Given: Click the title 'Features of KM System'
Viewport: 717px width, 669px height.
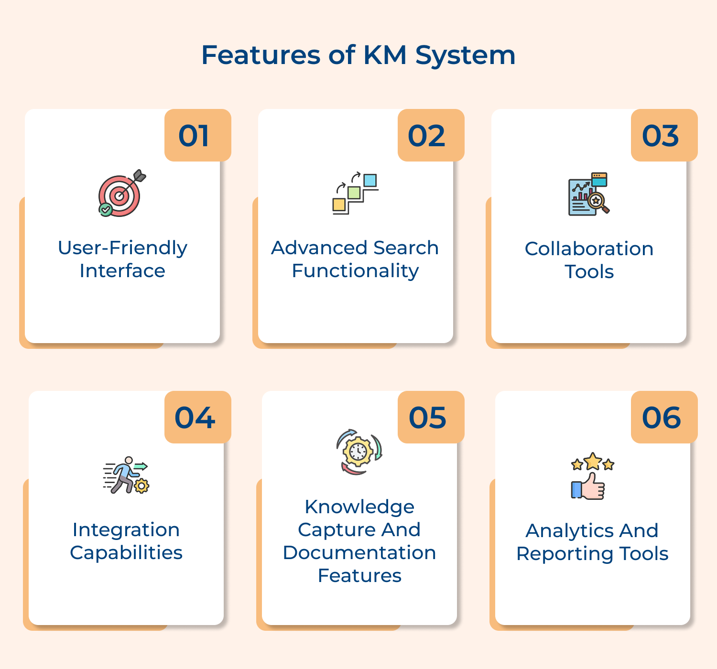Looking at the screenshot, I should click(358, 55).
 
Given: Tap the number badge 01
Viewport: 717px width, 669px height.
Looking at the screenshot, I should click(197, 136).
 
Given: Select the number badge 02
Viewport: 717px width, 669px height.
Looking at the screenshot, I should click(431, 136).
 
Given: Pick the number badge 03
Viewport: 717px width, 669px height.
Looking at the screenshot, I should click(664, 136).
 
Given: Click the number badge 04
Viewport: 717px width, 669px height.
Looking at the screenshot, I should click(197, 418).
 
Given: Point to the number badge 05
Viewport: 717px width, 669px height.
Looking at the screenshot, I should click(431, 418).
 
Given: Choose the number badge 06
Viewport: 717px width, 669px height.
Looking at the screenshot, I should click(664, 418).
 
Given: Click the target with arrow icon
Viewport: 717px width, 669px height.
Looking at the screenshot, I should click(121, 194).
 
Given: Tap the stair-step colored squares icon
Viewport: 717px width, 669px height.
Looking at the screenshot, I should click(355, 194).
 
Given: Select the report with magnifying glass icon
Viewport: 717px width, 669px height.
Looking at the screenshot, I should click(588, 194).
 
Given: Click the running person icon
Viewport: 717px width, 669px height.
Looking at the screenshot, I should click(126, 475).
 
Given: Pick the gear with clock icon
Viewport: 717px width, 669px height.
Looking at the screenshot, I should click(358, 452).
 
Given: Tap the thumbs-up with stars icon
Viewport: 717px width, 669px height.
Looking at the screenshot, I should click(592, 476).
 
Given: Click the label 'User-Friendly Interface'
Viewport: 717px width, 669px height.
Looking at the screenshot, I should click(122, 259).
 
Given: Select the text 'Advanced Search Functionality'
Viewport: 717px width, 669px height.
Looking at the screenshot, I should click(355, 259).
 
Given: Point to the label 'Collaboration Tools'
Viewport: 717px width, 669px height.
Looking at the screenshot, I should click(589, 260).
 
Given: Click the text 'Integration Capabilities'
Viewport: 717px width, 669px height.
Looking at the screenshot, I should click(126, 541).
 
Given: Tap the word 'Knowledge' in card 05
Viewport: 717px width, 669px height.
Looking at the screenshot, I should click(359, 507).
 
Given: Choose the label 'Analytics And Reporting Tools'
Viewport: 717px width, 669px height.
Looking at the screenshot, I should click(592, 542).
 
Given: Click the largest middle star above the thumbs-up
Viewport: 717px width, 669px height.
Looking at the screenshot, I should click(593, 462).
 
